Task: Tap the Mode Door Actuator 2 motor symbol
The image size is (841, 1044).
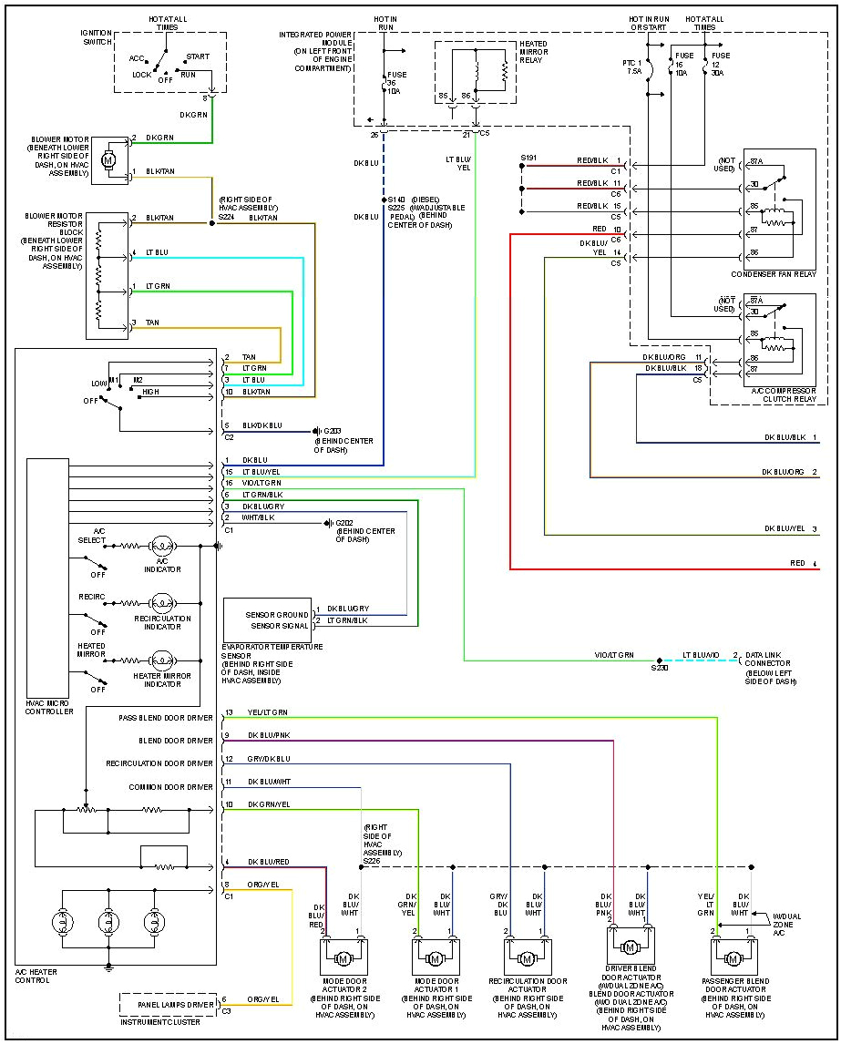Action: click(x=344, y=959)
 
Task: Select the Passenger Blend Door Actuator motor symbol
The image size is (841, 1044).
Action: click(x=733, y=959)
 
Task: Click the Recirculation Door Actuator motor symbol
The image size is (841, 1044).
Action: click(x=526, y=959)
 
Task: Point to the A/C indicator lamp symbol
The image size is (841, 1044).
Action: click(x=162, y=546)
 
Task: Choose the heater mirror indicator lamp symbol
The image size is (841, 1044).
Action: click(x=162, y=659)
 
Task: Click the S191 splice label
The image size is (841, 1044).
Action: click(x=528, y=158)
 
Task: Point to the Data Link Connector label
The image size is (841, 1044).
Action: click(x=767, y=663)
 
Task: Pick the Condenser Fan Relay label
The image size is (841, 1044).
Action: click(x=773, y=274)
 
